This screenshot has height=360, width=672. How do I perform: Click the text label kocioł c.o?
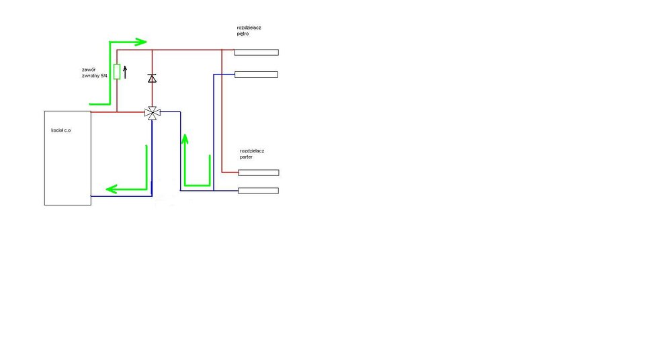click(x=60, y=129)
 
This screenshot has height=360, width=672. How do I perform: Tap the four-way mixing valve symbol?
click(x=153, y=112)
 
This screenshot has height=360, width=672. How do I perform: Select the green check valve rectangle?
click(x=117, y=72)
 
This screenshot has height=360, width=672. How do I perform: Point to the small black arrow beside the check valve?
click(x=125, y=70)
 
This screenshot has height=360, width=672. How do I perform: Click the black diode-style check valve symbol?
click(x=152, y=79)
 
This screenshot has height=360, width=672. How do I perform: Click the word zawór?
click(x=88, y=69)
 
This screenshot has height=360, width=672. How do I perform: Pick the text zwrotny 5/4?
click(x=95, y=76)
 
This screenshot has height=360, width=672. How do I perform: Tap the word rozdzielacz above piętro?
click(x=249, y=28)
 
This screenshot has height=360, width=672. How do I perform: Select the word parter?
click(x=247, y=157)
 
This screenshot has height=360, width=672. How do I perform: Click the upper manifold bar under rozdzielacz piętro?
click(x=256, y=52)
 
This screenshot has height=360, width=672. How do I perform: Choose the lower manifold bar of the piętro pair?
click(x=256, y=74)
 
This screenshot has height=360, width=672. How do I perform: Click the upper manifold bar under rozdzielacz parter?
click(x=258, y=173)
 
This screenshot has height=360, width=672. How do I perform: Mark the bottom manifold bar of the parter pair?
click(x=258, y=191)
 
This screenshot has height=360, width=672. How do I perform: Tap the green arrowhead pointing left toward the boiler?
click(x=112, y=189)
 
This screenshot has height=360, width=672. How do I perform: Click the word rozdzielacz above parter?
click(x=252, y=150)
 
